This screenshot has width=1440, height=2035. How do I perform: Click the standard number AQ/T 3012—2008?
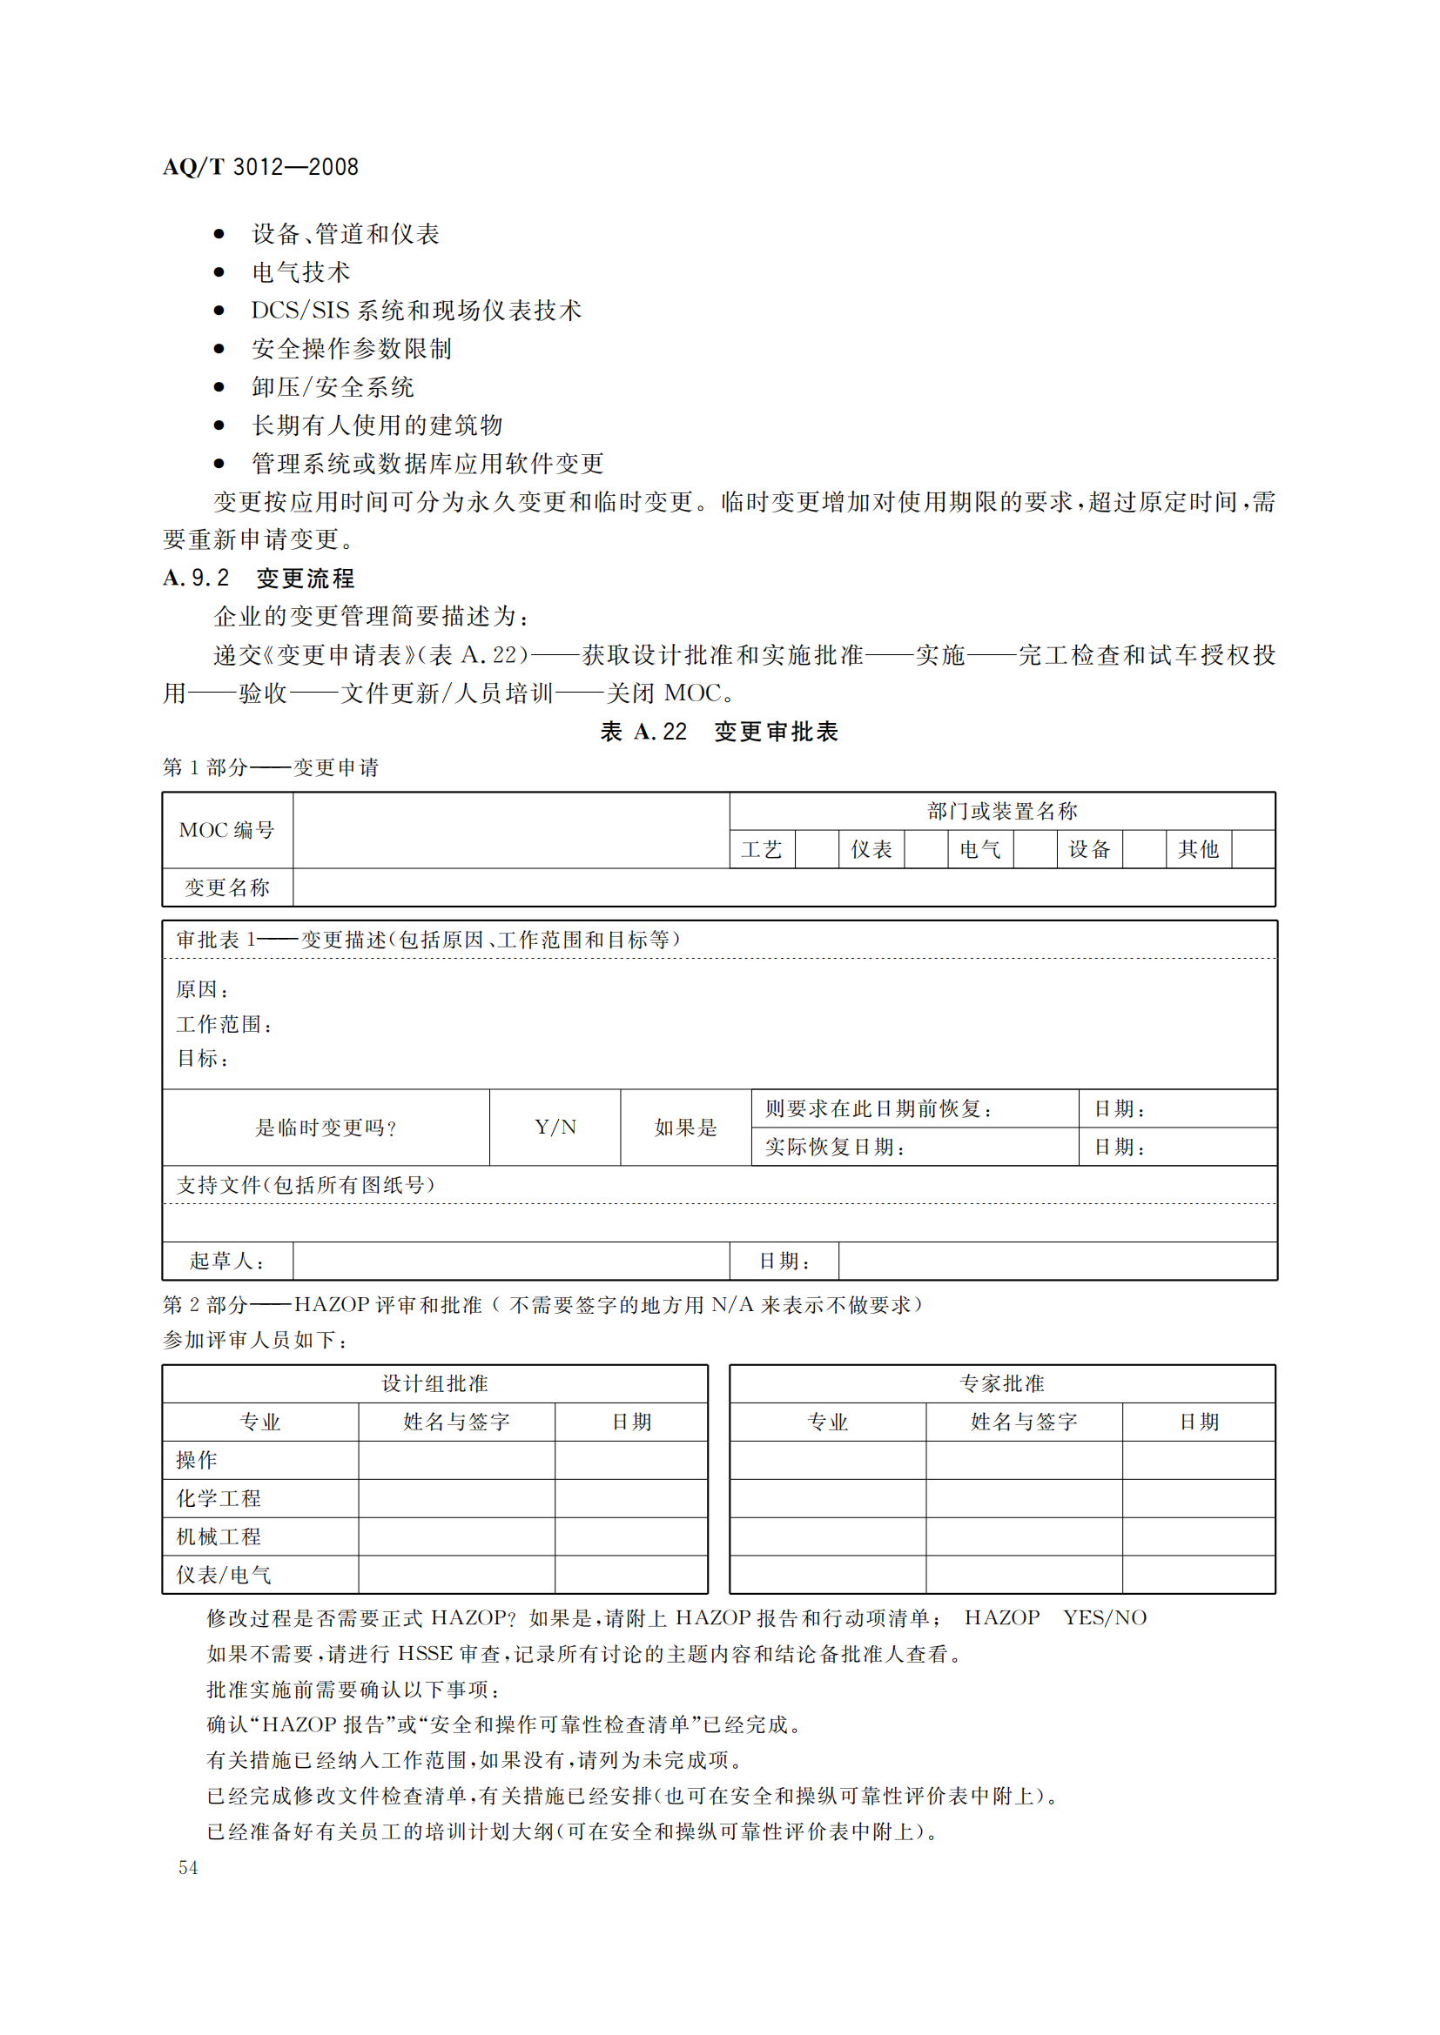pos(260,167)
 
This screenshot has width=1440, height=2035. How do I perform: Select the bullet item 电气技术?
pos(300,272)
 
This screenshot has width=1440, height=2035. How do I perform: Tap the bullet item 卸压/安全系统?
pos(333,387)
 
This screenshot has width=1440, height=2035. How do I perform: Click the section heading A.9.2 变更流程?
pos(259,579)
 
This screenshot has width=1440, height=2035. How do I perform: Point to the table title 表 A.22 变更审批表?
pos(719,731)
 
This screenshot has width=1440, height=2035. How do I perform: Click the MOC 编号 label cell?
pos(227,831)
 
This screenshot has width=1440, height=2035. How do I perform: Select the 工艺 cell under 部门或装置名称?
pos(762,850)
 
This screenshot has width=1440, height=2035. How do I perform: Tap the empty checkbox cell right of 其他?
pos(1253,850)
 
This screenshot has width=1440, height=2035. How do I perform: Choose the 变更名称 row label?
pos(227,888)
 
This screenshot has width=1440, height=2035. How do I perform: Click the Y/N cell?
pos(555,1128)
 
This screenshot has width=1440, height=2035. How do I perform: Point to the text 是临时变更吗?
pos(326,1128)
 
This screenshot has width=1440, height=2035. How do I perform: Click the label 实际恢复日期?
pos(835,1147)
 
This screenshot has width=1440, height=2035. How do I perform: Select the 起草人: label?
pos(227,1262)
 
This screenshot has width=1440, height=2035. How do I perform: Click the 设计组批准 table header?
pos(434,1383)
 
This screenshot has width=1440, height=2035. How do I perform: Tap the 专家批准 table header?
pos(1002,1383)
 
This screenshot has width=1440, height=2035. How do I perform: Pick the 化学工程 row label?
pos(219,1499)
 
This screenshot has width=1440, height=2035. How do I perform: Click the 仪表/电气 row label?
pos(224,1575)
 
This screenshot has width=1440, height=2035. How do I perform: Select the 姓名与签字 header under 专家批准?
pos(1024,1422)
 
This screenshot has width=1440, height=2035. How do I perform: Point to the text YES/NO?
pos(1105,1617)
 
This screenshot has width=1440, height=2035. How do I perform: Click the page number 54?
pos(188,1867)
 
